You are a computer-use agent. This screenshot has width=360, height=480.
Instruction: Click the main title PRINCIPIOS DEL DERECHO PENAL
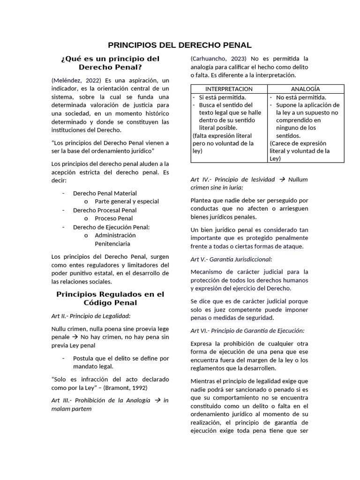[x=180, y=45]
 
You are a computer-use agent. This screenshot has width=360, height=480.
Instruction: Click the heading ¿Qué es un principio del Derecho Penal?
[x=110, y=63]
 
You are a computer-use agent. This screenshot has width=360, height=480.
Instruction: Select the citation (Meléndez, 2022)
[x=76, y=81]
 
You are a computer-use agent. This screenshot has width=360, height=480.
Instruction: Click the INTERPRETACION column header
[x=229, y=89]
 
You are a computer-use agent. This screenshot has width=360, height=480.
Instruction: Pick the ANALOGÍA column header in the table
[x=305, y=89]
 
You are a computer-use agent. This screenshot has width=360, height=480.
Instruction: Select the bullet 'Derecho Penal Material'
[x=105, y=193]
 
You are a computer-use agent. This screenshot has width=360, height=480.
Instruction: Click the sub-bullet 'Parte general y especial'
[x=127, y=202]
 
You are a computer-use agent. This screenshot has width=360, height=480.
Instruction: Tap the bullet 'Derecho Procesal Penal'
[x=105, y=210]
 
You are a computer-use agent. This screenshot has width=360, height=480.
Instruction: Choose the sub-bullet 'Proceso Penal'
[x=113, y=218]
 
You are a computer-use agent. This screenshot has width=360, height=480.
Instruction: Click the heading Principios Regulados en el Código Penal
[x=110, y=299]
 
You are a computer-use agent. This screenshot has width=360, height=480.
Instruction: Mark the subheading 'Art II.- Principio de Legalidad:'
[x=91, y=316]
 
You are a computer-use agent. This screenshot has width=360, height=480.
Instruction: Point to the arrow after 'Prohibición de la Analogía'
[x=157, y=400]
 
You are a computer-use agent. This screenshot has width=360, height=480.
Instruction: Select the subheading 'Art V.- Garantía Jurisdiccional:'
[x=231, y=259]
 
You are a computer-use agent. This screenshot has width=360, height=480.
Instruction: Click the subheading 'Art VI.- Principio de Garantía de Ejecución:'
[x=247, y=330]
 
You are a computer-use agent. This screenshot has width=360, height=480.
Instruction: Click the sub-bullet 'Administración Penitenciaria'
[x=115, y=240]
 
